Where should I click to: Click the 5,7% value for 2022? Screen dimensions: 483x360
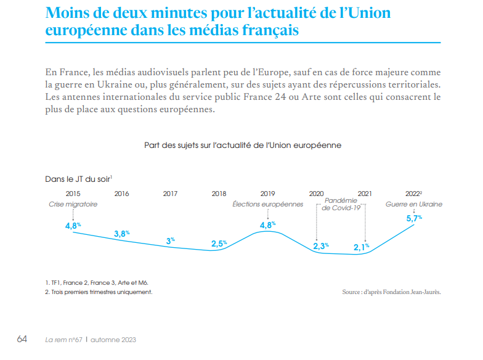click(x=414, y=218)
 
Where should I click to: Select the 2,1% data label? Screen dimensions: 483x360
click(x=361, y=247)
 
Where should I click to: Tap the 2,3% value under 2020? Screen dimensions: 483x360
click(x=321, y=245)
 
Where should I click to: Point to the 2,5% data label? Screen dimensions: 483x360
click(x=219, y=243)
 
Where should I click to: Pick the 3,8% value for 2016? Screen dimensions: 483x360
click(x=122, y=233)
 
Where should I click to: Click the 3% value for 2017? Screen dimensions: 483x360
click(x=170, y=240)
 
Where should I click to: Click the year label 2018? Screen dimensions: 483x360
click(x=219, y=194)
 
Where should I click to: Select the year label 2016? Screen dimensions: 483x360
click(x=122, y=194)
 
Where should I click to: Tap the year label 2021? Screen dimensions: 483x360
click(x=365, y=194)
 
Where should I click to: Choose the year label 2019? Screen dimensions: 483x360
click(x=267, y=194)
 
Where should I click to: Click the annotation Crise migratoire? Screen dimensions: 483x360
click(x=73, y=204)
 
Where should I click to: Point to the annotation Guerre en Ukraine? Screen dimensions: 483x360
click(x=414, y=204)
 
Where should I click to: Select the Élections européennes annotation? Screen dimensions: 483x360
click(x=267, y=204)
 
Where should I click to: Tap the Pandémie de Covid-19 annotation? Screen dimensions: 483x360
click(x=341, y=204)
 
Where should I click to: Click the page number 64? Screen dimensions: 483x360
click(x=22, y=339)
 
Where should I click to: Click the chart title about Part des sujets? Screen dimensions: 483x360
click(x=243, y=145)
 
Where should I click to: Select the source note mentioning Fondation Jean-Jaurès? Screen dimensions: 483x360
click(x=392, y=292)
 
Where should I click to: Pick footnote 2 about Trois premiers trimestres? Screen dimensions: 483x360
click(x=99, y=292)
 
